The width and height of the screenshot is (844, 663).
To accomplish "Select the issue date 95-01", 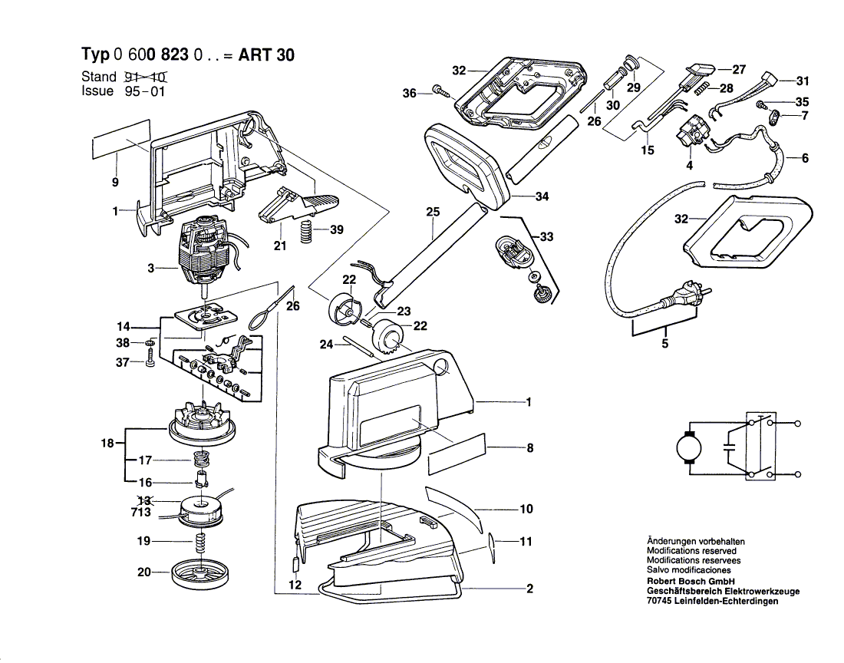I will coord(143,91).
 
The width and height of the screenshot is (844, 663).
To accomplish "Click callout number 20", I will coord(143,572).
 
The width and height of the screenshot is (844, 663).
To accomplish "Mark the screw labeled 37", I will coord(150,358).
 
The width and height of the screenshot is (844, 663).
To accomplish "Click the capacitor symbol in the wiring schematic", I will coord(729,448).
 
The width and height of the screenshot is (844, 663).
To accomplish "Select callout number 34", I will coord(542,197).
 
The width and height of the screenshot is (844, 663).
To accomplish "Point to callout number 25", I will coord(433,211).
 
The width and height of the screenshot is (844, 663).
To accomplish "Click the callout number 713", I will coord(141,513).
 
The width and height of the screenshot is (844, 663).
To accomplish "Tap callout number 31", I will coord(802,81).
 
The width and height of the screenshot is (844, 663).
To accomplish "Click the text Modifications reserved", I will coord(691,551).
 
